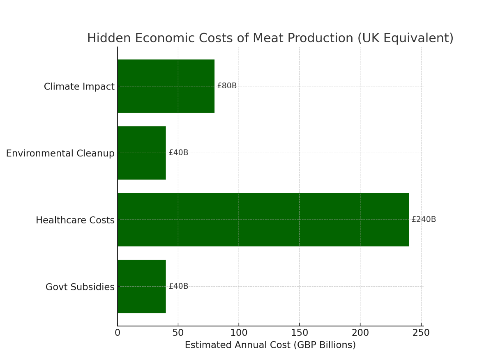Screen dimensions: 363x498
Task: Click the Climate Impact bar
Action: (x=166, y=86)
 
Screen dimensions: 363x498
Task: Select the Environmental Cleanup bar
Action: (x=142, y=153)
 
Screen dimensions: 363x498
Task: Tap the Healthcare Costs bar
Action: (x=263, y=220)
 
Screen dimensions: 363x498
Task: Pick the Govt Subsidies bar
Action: (x=142, y=287)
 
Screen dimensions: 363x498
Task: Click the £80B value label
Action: (x=227, y=86)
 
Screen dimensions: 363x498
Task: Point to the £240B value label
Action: (x=424, y=220)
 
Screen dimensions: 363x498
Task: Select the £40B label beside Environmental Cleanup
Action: (x=178, y=153)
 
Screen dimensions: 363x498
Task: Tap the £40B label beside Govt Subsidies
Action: (x=178, y=287)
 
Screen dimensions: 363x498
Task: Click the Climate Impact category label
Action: (x=79, y=87)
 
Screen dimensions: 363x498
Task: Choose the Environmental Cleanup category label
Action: (x=60, y=154)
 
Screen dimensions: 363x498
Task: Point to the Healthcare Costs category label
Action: (x=75, y=221)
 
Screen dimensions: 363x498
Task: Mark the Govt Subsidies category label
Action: (x=80, y=287)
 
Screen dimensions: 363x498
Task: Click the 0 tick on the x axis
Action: (x=118, y=333)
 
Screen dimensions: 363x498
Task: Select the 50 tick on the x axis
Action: (x=178, y=333)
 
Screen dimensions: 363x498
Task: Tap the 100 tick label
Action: (x=239, y=333)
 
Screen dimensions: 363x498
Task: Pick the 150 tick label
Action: (x=300, y=333)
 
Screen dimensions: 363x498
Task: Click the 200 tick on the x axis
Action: (x=360, y=333)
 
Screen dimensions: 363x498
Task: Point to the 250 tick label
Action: (x=421, y=333)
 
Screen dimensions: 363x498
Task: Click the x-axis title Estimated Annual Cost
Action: (x=270, y=345)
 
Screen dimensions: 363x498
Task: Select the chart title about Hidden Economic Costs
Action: (x=270, y=38)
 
